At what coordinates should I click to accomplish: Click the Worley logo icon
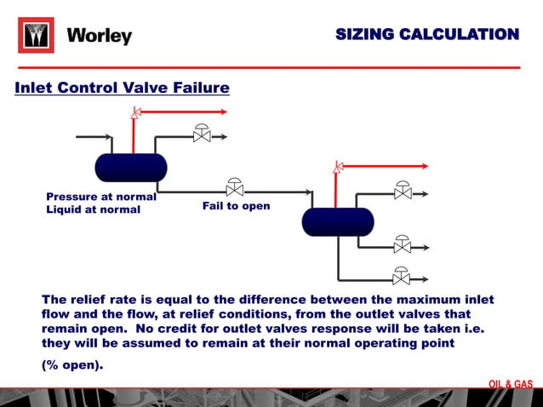click(x=36, y=36)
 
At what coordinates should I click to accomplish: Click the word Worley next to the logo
click(x=100, y=36)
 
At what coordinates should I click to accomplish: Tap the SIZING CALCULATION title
click(x=426, y=35)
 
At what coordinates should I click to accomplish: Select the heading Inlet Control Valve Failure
click(x=122, y=88)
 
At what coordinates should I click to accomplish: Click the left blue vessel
click(x=130, y=167)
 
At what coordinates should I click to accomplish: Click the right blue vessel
click(x=338, y=221)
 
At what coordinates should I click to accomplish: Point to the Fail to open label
click(x=236, y=206)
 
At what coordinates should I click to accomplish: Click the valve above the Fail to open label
click(x=234, y=187)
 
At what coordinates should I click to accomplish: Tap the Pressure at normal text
click(x=101, y=197)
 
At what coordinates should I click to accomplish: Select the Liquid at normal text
click(x=93, y=209)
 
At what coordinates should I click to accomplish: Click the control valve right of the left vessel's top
click(x=202, y=135)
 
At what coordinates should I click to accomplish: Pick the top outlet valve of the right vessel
click(x=403, y=192)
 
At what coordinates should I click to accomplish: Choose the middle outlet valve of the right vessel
click(x=403, y=245)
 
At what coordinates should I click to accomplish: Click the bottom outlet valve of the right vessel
click(x=401, y=277)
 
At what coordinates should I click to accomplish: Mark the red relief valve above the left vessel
click(x=134, y=114)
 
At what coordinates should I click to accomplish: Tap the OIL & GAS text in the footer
click(x=511, y=384)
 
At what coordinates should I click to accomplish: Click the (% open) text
click(x=72, y=365)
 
